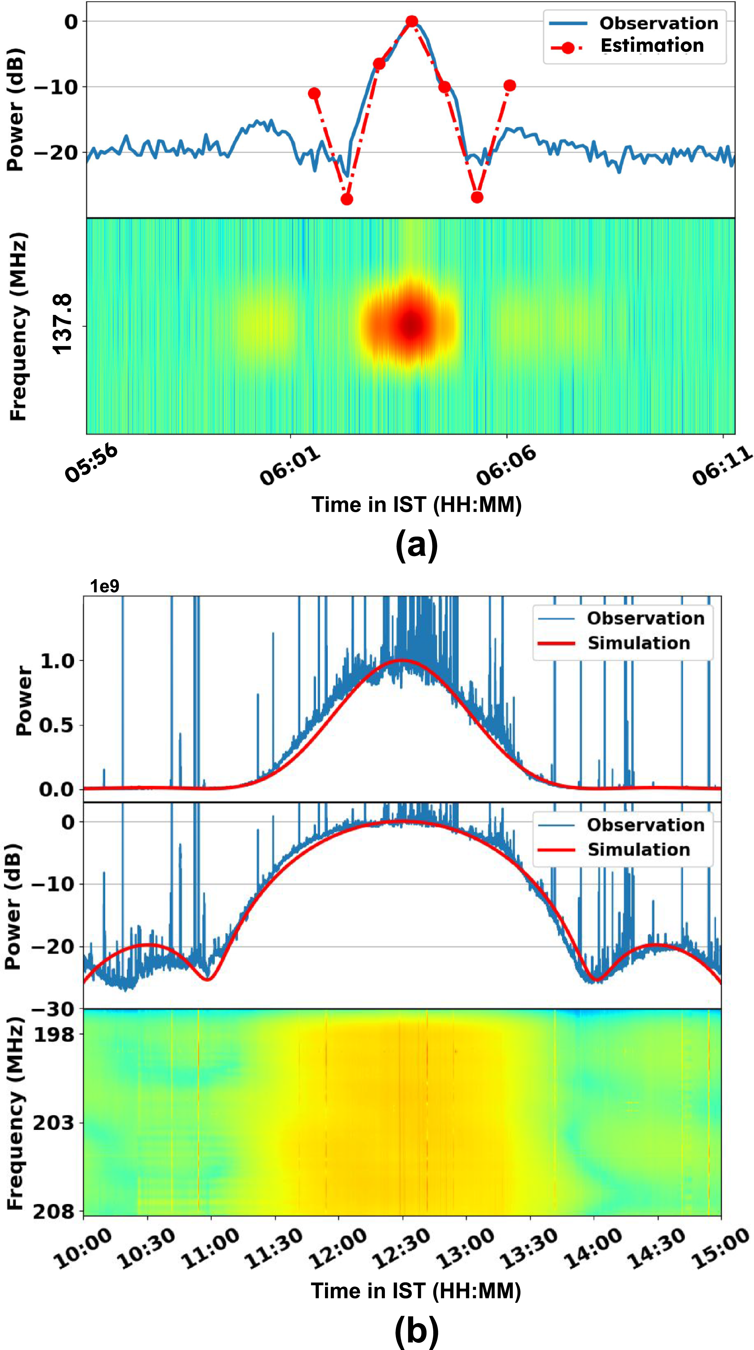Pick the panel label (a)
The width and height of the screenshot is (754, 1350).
point(417,545)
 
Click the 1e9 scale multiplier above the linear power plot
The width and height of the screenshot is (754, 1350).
point(105,586)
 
